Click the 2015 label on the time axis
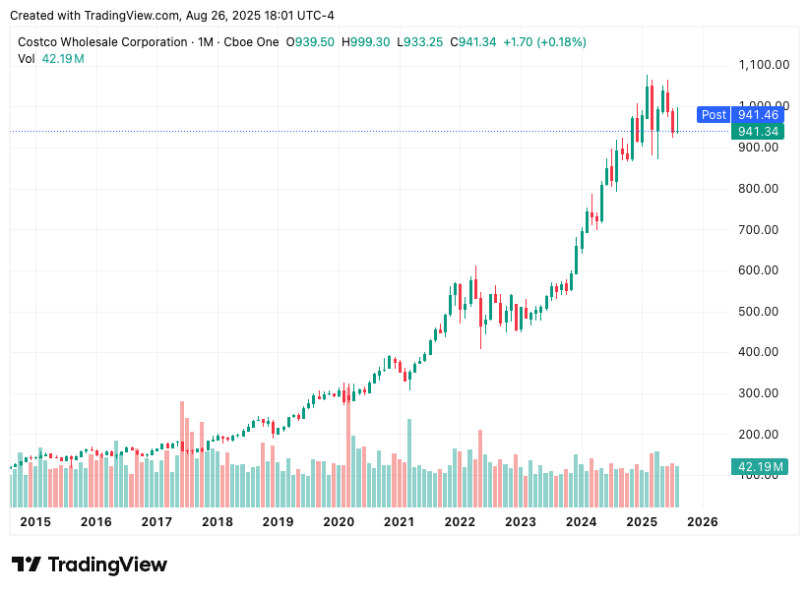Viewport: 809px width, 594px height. pos(35,521)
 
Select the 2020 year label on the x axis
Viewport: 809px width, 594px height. pos(339,521)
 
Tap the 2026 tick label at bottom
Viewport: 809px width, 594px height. pos(702,521)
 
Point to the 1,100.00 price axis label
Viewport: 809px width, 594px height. pos(764,65)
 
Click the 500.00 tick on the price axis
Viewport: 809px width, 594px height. pos(758,312)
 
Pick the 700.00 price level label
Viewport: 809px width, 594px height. pos(758,230)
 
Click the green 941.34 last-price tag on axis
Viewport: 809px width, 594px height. pos(758,132)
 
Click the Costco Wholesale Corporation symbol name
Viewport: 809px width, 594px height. pos(102,42)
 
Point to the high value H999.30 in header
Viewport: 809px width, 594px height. pos(366,42)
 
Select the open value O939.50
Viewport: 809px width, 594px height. pos(310,42)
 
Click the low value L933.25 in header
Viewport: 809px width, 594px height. pos(421,42)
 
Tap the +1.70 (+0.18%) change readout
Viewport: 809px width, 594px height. pos(544,42)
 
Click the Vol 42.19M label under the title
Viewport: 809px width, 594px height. pos(51,59)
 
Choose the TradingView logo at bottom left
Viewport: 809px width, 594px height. pos(90,564)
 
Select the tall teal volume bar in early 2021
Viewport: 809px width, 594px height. pos(409,448)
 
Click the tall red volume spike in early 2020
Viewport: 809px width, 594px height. pos(348,443)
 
